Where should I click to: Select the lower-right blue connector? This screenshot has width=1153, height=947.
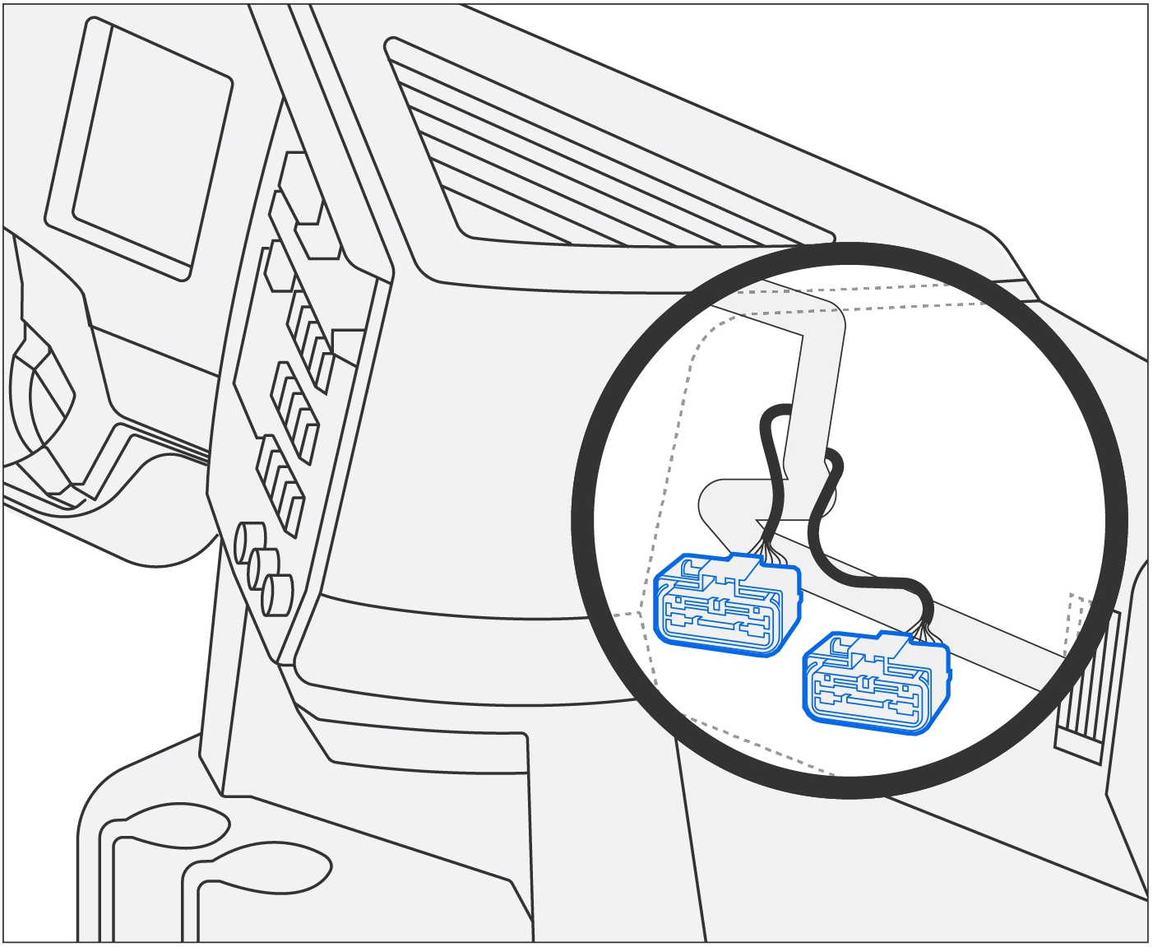pyautogui.click(x=875, y=682)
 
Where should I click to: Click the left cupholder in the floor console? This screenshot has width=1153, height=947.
pyautogui.click(x=177, y=827)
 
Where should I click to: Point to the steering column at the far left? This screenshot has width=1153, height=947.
pyautogui.click(x=41, y=395)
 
